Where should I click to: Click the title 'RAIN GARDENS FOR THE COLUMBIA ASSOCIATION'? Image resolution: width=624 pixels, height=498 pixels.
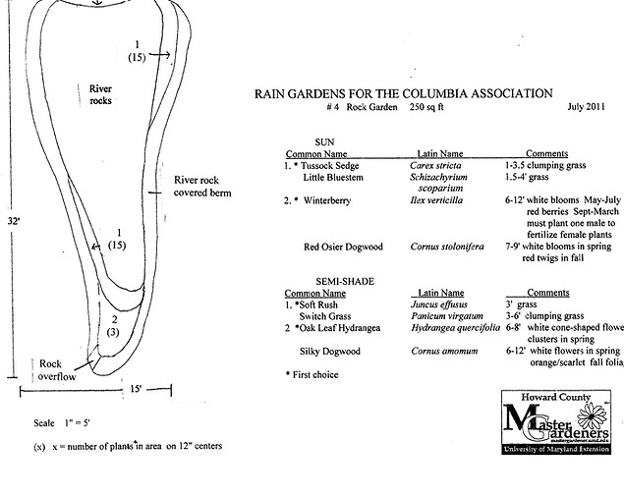click(403, 94)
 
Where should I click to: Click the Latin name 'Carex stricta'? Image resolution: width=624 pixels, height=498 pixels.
click(435, 167)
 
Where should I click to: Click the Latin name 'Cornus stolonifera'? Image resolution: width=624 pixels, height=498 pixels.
click(447, 247)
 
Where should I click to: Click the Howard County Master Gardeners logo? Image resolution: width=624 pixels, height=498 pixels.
click(556, 427)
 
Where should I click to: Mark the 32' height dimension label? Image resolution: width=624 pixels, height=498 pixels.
click(9, 222)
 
